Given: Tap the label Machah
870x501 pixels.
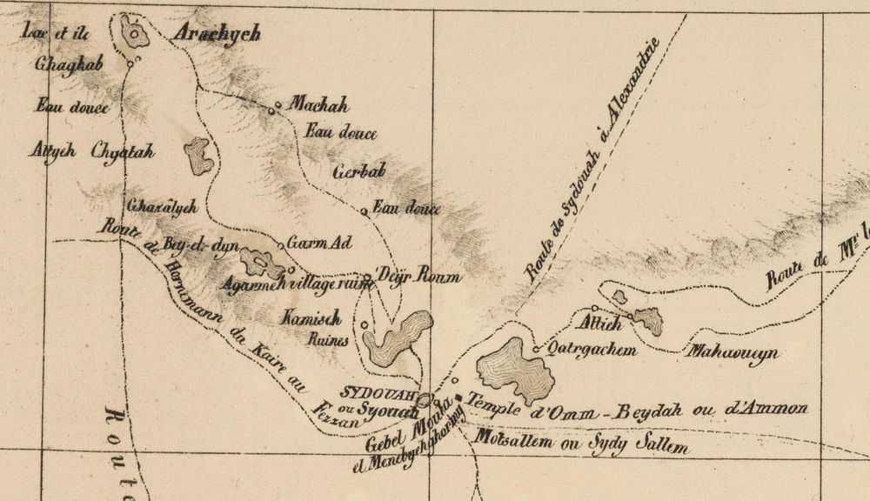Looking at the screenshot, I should [319, 107].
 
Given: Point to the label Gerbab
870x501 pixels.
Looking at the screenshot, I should [358, 171].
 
